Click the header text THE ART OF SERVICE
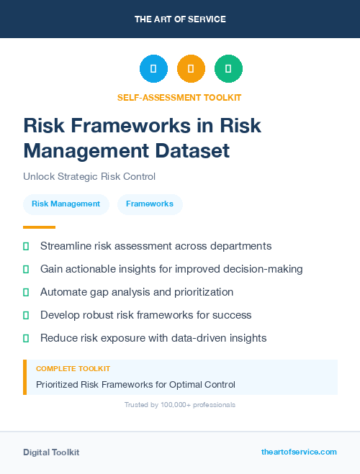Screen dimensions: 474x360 point(180,19)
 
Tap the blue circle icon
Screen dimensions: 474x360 point(153,69)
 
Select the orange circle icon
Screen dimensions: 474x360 point(191,69)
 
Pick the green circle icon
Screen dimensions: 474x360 point(228,69)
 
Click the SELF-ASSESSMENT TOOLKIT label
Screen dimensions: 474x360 point(180,97)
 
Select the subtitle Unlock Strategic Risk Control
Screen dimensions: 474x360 point(89,176)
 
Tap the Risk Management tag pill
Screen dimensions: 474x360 point(66,204)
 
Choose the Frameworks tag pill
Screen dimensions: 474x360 point(150,204)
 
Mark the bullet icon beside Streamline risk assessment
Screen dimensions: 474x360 point(26,246)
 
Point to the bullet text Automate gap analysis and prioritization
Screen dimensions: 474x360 point(137,292)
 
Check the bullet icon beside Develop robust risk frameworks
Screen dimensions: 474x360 point(26,315)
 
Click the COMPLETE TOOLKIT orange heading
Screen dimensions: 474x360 point(73,368)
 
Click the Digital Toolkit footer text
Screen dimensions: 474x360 point(51,452)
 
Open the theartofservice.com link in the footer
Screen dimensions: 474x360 point(299,452)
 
